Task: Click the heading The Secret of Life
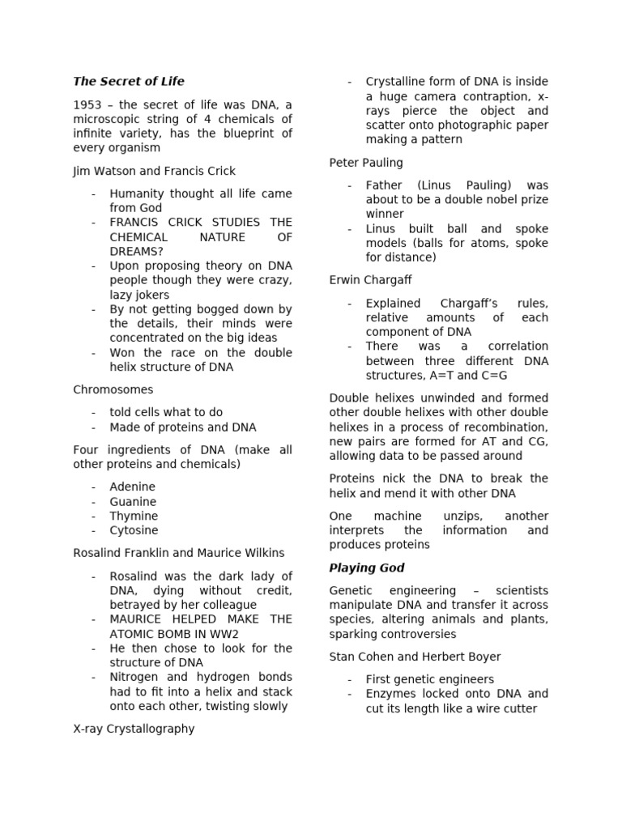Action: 129,81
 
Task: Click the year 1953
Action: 87,104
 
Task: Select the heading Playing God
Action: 367,568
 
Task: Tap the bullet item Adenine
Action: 133,487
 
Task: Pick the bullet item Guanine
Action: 134,501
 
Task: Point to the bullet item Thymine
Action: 134,516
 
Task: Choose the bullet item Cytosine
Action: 134,530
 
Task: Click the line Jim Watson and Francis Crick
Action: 155,171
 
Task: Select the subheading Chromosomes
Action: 113,389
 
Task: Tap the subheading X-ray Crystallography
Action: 134,728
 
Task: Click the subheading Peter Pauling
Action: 366,162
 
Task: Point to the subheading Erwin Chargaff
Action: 371,280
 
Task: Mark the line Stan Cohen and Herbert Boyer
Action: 415,657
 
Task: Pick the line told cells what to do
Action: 166,412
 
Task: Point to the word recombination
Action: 509,427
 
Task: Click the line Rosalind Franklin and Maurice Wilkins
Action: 179,553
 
